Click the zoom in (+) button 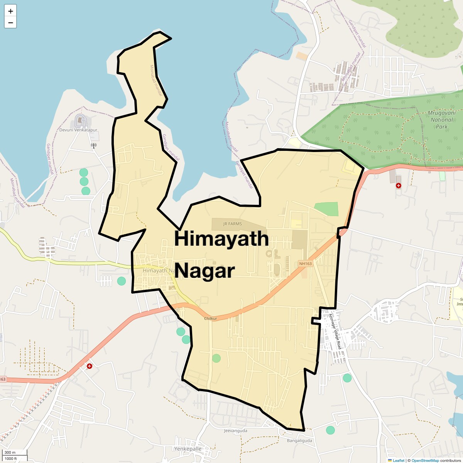point(10,11)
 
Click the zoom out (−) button point(10,23)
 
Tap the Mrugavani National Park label point(441,120)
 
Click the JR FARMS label point(232,224)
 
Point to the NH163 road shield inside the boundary point(305,264)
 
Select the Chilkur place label point(211,319)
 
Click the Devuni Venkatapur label point(78,130)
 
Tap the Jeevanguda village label point(235,431)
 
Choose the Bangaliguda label point(299,440)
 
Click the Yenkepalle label point(188,449)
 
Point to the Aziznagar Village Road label point(335,331)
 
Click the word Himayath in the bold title point(221,238)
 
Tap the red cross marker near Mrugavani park point(399,186)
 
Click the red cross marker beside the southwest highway point(90,366)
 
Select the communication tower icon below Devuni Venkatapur point(93,145)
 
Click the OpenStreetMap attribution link point(425,460)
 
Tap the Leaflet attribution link point(398,460)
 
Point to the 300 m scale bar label point(10,453)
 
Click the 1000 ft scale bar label point(11,459)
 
